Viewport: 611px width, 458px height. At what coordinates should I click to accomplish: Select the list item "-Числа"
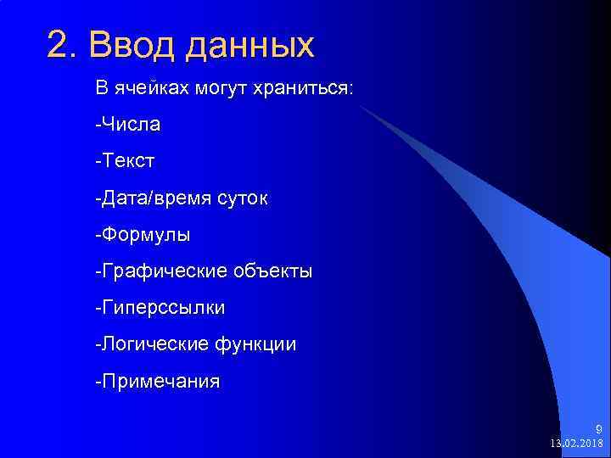(x=128, y=125)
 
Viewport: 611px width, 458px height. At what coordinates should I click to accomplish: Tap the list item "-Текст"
(x=125, y=161)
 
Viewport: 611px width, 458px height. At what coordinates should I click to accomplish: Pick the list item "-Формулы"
(x=143, y=235)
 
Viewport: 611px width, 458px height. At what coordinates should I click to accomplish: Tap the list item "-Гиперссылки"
(x=160, y=308)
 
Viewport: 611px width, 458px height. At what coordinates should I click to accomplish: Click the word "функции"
(x=257, y=345)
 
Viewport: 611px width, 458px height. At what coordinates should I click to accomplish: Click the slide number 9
(x=598, y=429)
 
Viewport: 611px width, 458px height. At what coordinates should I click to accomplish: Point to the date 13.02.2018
(x=577, y=444)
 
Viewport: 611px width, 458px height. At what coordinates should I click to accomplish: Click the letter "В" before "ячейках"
(x=100, y=89)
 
